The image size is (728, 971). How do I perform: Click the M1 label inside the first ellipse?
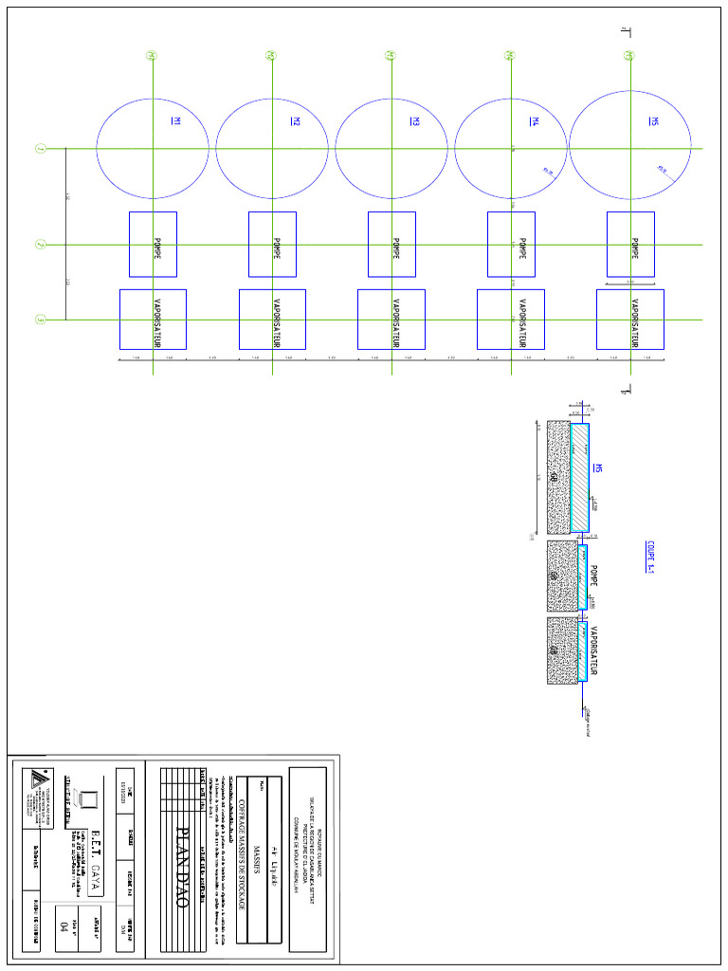point(176,120)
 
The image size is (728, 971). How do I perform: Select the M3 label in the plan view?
point(415,120)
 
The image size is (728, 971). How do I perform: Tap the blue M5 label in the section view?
point(598,468)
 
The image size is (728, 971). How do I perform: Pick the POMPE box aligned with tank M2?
point(273,245)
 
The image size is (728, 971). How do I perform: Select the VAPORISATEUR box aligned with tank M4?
point(511,320)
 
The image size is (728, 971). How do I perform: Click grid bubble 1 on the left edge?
point(40,149)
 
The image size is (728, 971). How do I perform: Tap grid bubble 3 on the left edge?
point(40,321)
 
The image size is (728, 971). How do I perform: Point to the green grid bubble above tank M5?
point(628,56)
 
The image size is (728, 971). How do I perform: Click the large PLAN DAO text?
point(183,868)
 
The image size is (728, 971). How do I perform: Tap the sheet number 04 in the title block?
point(64,925)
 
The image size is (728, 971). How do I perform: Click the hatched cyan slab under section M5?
point(579,477)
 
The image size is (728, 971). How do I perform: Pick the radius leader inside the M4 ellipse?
point(547,172)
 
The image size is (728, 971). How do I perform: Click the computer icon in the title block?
point(88,798)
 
